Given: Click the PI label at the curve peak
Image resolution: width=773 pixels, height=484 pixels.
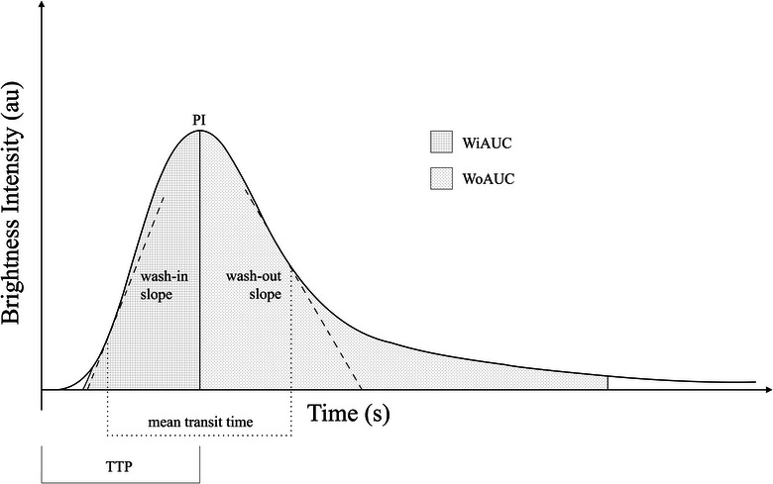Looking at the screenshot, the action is point(199,121).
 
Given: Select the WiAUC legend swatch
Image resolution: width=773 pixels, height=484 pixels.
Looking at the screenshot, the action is point(441,143).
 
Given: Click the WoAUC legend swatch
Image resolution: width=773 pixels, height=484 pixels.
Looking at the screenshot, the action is point(441,178).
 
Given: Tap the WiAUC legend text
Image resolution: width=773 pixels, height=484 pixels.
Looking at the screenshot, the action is point(487,143).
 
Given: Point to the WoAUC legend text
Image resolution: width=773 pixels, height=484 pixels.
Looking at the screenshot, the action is point(488,178).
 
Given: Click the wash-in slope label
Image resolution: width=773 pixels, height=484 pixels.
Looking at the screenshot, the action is point(164,285).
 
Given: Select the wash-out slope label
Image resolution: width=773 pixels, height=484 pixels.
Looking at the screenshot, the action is point(254,285).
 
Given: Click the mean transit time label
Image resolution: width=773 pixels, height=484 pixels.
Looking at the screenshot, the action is point(200,422).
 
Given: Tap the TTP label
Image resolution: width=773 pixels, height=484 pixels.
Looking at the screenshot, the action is point(119,466).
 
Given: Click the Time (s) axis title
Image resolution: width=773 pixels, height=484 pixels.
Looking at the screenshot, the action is point(349,413).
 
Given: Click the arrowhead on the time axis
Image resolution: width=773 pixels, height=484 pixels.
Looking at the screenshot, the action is point(768,389).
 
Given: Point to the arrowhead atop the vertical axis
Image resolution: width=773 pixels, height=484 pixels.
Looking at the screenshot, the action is point(42,5).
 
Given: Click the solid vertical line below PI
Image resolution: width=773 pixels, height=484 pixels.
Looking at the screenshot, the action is point(199,260).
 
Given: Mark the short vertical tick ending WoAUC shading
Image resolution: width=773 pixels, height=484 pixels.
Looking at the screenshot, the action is point(607,383).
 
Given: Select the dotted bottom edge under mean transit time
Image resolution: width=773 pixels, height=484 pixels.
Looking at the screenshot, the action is point(199,436).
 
